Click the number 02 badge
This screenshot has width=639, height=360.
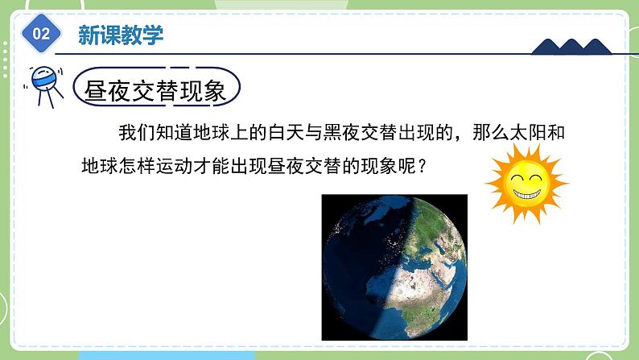(x=41, y=35)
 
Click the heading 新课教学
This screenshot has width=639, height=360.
(x=120, y=34)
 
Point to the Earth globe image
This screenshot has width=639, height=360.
(x=394, y=267)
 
